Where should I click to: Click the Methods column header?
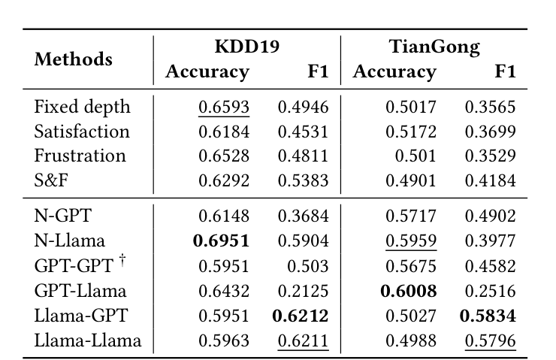pos(74,59)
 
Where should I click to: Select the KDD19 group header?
pos(247,47)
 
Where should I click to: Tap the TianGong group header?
pos(434,47)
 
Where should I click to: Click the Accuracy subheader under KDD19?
pos(207,72)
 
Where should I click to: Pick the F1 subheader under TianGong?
pos(505,72)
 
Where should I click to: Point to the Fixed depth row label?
pos(82,107)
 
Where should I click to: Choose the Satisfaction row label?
pos(82,132)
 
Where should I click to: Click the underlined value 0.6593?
pos(223,107)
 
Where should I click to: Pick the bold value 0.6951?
pos(221,241)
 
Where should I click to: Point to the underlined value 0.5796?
pos(491,340)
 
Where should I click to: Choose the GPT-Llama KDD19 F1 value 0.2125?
pos(304,290)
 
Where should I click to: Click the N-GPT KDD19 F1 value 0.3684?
pos(304,216)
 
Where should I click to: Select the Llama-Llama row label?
pos(88,340)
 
